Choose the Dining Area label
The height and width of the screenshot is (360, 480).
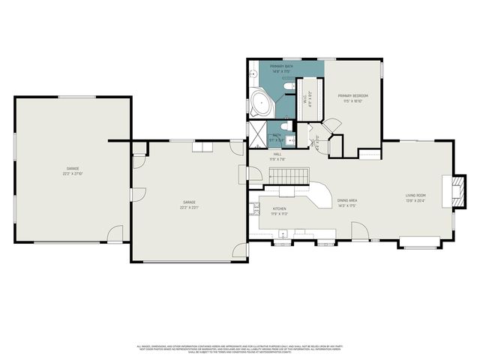(x=346, y=202)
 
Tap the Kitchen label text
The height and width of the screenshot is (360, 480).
(x=280, y=211)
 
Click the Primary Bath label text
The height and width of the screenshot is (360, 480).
(x=282, y=67)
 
